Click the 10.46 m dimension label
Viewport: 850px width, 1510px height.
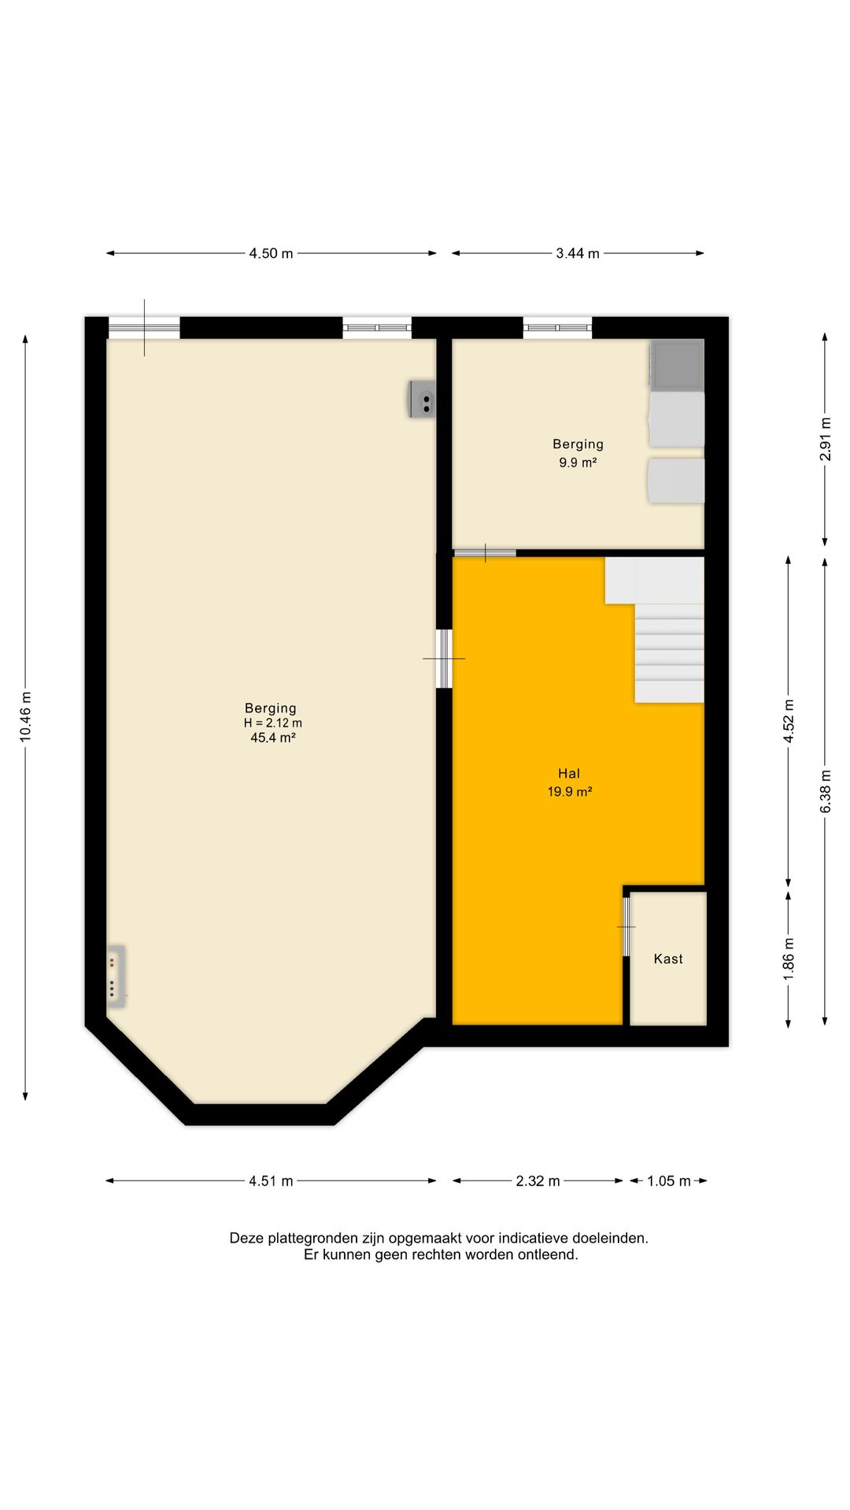tap(26, 716)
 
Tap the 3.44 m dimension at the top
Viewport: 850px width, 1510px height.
tap(578, 253)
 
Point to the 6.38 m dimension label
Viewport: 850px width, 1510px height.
tap(825, 791)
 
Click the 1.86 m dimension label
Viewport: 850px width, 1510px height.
tap(789, 958)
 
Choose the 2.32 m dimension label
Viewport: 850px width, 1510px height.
tap(538, 1180)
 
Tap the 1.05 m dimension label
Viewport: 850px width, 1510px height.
tap(669, 1180)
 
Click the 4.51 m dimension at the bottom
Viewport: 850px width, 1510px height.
tap(272, 1180)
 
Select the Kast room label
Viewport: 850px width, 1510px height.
tap(668, 959)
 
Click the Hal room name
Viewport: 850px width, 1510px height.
tap(569, 774)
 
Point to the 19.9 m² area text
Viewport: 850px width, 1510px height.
tap(570, 792)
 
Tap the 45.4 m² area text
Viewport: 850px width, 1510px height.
tap(272, 738)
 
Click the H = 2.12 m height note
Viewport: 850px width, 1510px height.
tap(272, 723)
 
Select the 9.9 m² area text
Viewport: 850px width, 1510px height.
tap(578, 462)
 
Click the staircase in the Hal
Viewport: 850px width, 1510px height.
tap(655, 629)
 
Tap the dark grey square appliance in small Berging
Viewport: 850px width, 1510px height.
tap(676, 365)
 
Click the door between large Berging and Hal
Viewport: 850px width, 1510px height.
tap(444, 658)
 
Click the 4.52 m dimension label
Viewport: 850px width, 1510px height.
tap(789, 720)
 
